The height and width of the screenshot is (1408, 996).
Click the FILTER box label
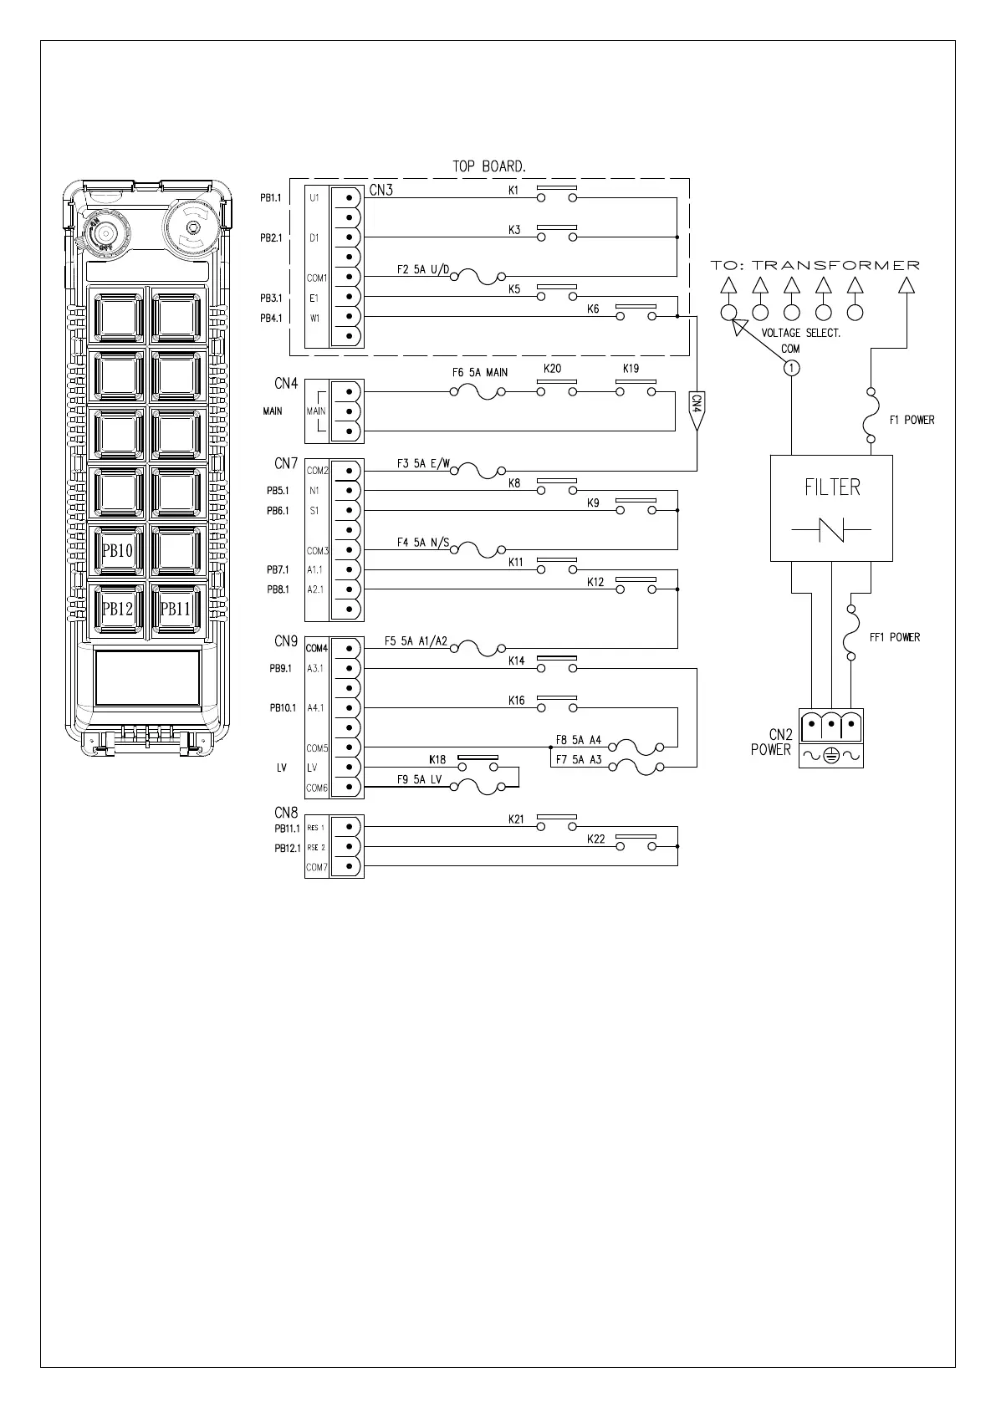(832, 487)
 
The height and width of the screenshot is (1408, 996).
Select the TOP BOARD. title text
(489, 166)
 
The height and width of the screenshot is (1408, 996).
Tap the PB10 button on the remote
(118, 551)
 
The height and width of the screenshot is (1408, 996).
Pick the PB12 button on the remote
(118, 609)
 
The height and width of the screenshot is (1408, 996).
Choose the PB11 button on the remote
(176, 609)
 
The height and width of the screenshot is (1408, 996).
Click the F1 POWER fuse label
(912, 420)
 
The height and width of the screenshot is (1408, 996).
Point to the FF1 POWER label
(894, 637)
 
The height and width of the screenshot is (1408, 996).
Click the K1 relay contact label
(514, 190)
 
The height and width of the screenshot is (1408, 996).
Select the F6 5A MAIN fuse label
(480, 372)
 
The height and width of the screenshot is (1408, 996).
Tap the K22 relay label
(595, 839)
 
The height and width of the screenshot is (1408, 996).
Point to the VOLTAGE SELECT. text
(800, 333)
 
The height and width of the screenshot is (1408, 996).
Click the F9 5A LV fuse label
(418, 780)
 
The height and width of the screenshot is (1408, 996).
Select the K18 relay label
(437, 760)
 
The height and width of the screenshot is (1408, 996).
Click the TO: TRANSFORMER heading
(815, 265)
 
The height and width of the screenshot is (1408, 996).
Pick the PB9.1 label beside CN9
(279, 668)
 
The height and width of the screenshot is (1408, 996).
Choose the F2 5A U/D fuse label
(422, 270)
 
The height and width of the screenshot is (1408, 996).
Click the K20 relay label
(552, 369)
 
